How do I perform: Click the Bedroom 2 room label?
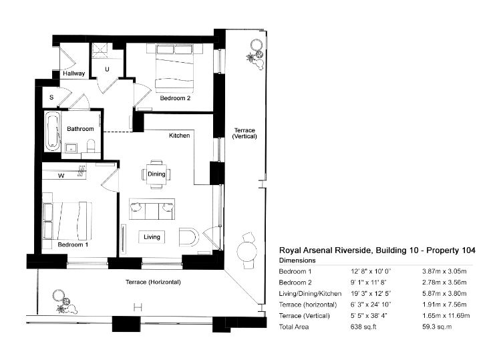[x=175, y=98]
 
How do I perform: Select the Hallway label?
[x=73, y=73]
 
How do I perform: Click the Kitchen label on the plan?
[x=179, y=136]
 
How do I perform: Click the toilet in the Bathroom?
[x=93, y=146]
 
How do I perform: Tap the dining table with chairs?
[x=156, y=174]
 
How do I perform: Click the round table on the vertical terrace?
[x=248, y=251]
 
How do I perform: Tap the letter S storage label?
[x=51, y=98]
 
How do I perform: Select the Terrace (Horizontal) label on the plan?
[x=153, y=283]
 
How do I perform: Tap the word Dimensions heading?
[x=297, y=260]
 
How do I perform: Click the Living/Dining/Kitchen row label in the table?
[x=310, y=293]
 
